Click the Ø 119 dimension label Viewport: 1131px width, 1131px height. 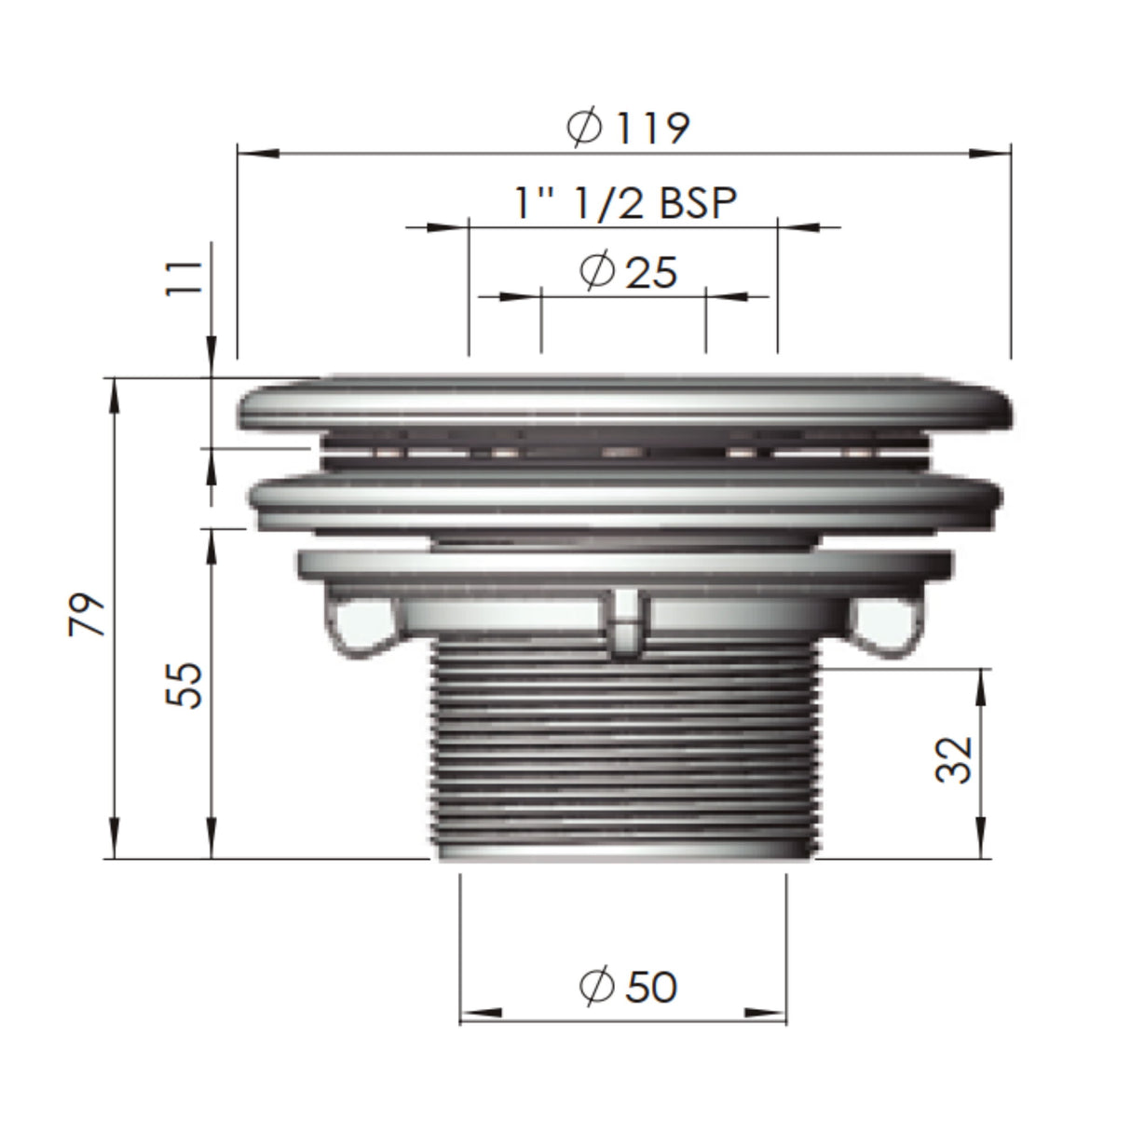[629, 128]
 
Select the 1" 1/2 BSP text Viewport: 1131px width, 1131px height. [626, 201]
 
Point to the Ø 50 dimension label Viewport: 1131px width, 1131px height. [627, 987]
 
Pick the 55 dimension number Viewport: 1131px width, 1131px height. [188, 685]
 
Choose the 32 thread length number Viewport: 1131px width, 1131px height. [953, 759]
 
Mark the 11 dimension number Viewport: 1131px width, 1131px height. [188, 278]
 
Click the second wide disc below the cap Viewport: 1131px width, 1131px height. [624, 503]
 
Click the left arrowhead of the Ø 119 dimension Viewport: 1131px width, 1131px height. [257, 153]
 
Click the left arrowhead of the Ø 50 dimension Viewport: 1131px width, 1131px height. [479, 1012]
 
